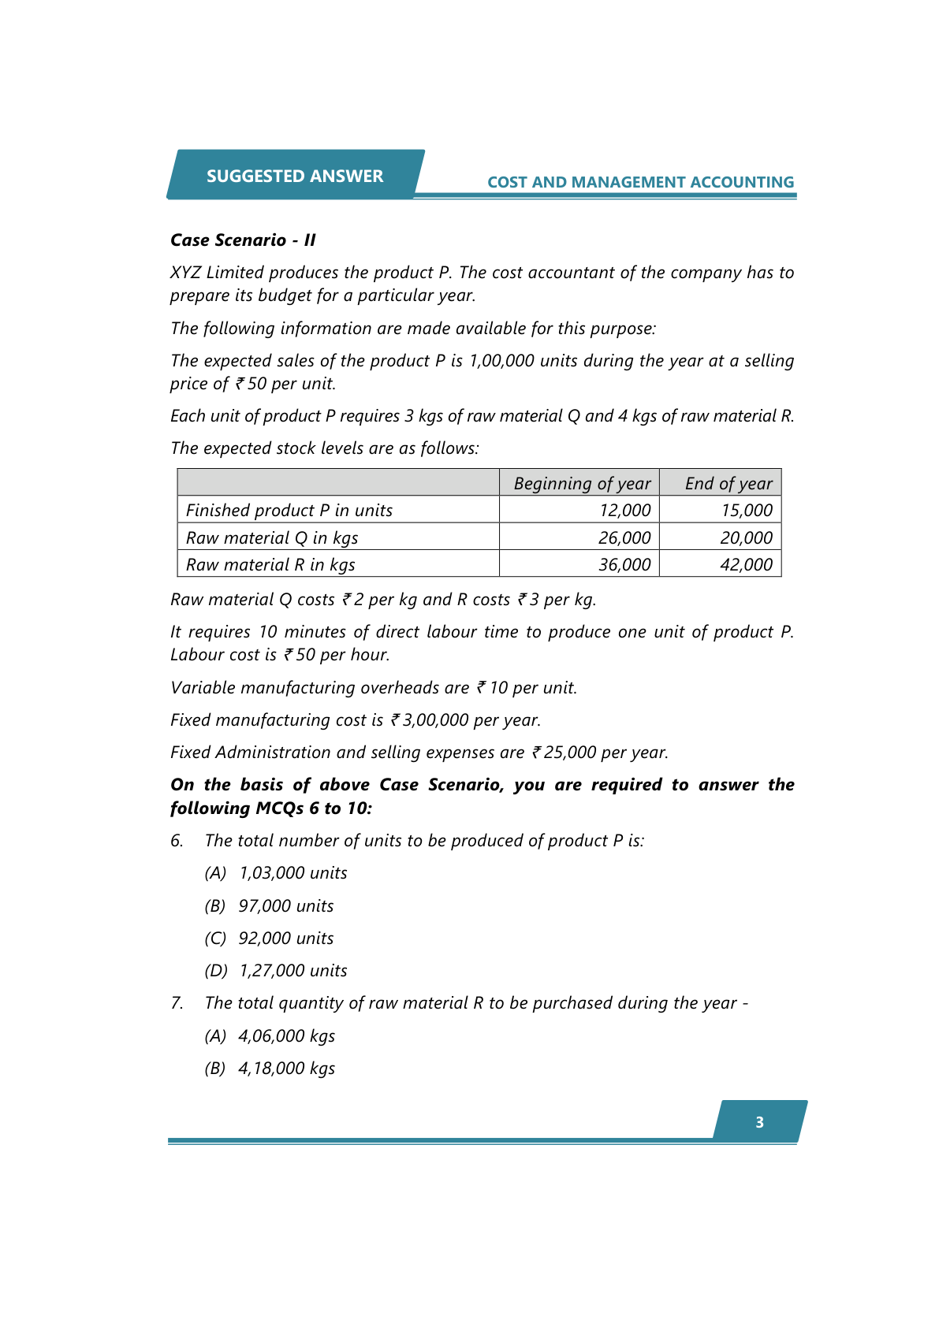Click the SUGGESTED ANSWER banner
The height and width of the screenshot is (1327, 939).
click(x=295, y=176)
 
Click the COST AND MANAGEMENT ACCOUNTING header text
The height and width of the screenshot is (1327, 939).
click(x=640, y=182)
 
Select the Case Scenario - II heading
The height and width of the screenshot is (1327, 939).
click(x=243, y=240)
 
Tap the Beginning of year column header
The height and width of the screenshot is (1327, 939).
click(x=582, y=483)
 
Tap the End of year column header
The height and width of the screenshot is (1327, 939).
click(x=728, y=483)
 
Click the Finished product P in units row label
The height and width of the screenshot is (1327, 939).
click(x=289, y=510)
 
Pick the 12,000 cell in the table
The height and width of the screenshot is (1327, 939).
click(x=624, y=510)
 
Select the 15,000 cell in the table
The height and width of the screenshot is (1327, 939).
click(x=746, y=510)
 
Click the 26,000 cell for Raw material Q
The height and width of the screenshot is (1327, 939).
click(x=624, y=537)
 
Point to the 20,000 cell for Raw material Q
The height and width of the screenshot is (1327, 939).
click(x=746, y=537)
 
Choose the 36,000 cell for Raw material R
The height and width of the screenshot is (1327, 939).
click(x=624, y=564)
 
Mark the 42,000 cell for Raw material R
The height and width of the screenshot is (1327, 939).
click(x=746, y=564)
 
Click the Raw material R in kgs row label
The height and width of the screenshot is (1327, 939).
click(x=270, y=564)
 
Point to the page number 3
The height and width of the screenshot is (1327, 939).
click(x=759, y=1122)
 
